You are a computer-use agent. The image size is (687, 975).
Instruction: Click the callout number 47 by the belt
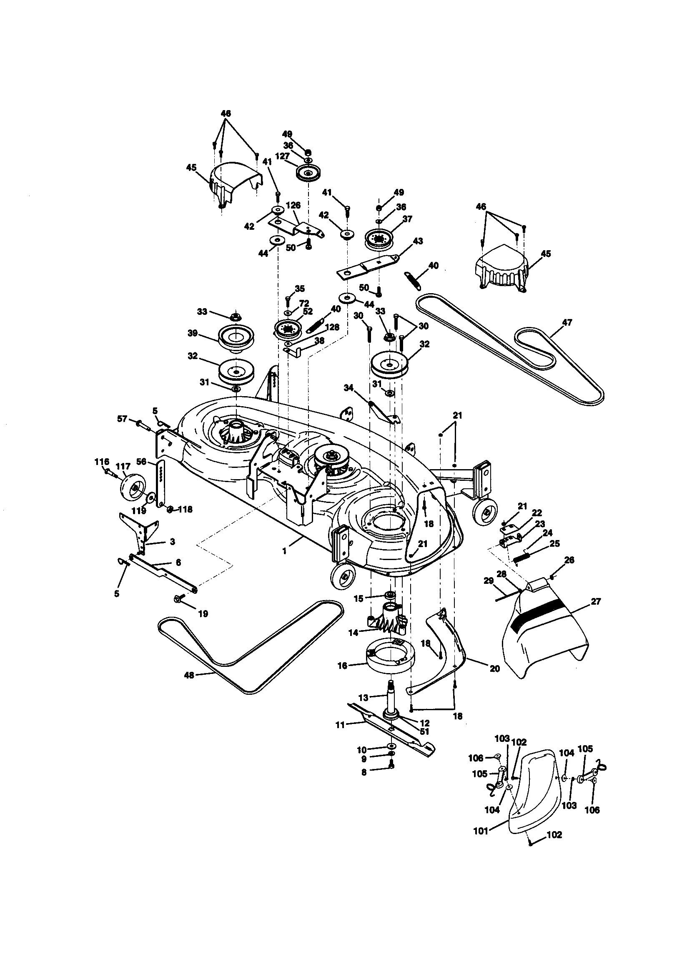point(567,322)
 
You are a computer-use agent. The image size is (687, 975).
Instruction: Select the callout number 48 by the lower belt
point(189,675)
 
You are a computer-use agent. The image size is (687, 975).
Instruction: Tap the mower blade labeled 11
point(369,717)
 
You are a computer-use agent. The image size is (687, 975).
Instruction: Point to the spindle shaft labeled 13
point(391,696)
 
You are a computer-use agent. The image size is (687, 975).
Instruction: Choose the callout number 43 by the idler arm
point(418,241)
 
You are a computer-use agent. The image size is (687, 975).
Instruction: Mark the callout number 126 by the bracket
point(293,206)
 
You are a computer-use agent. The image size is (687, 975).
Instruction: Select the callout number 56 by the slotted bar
point(141,461)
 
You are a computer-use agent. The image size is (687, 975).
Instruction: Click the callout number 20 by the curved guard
point(495,669)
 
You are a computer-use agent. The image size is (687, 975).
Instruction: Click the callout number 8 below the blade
point(364,773)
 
